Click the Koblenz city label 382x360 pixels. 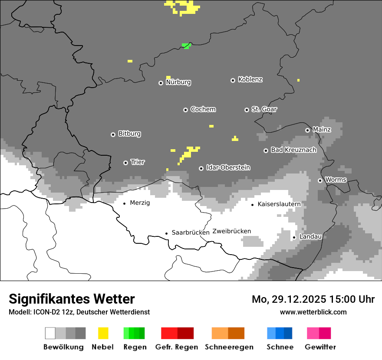(x=250, y=80)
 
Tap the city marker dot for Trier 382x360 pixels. (x=125, y=163)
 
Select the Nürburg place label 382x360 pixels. (x=178, y=82)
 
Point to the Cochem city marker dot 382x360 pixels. (x=185, y=110)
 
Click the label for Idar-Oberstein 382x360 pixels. (x=228, y=168)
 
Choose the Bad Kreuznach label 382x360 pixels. (x=293, y=150)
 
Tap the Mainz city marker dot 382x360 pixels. (x=307, y=130)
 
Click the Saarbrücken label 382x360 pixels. (x=191, y=232)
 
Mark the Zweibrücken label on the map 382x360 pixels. (x=232, y=231)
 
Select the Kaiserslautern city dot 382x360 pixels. (x=252, y=205)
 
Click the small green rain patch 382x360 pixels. (x=186, y=46)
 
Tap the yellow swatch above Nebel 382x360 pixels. (x=103, y=333)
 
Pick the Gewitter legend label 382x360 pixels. (x=320, y=347)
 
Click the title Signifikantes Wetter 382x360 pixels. (x=72, y=299)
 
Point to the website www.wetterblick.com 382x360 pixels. (x=313, y=312)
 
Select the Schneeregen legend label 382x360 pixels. (x=229, y=347)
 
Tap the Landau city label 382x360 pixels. (x=310, y=237)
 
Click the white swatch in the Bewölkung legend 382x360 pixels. (x=50, y=333)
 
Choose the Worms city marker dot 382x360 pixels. (x=320, y=180)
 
